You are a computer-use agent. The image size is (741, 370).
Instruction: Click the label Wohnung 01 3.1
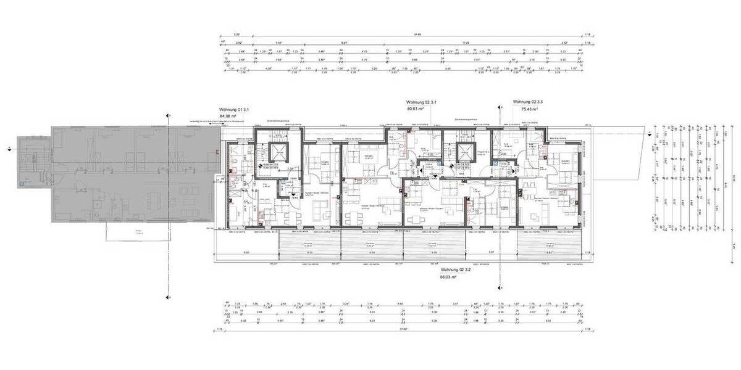pyautogui.click(x=233, y=107)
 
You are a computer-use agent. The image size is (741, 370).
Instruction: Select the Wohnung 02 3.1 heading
pyautogui.click(x=422, y=101)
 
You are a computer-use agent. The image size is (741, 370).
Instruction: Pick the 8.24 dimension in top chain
pyautogui.click(x=344, y=43)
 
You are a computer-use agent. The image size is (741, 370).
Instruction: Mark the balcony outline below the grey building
pyautogui.click(x=138, y=232)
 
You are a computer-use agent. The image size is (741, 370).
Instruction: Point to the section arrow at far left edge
pyautogui.click(x=9, y=149)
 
